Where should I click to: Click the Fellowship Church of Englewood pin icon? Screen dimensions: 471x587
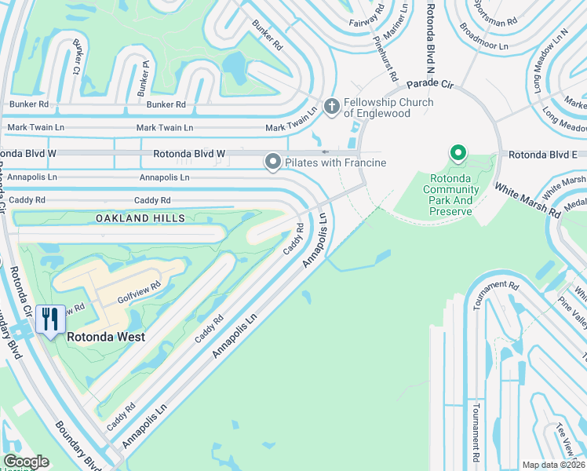pyautogui.click(x=332, y=106)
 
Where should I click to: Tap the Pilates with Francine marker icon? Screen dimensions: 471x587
pyautogui.click(x=273, y=162)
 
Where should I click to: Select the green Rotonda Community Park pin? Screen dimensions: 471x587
pyautogui.click(x=458, y=153)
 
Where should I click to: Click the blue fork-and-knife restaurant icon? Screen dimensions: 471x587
pyautogui.click(x=49, y=319)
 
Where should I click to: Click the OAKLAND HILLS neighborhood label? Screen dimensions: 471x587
pyautogui.click(x=140, y=217)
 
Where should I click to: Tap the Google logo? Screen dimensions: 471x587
pyautogui.click(x=26, y=462)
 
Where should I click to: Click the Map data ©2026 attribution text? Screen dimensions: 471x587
pyautogui.click(x=553, y=465)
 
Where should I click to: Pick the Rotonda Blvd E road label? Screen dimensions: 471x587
pyautogui.click(x=541, y=155)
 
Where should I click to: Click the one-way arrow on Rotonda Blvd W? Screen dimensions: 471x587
pyautogui.click(x=326, y=152)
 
